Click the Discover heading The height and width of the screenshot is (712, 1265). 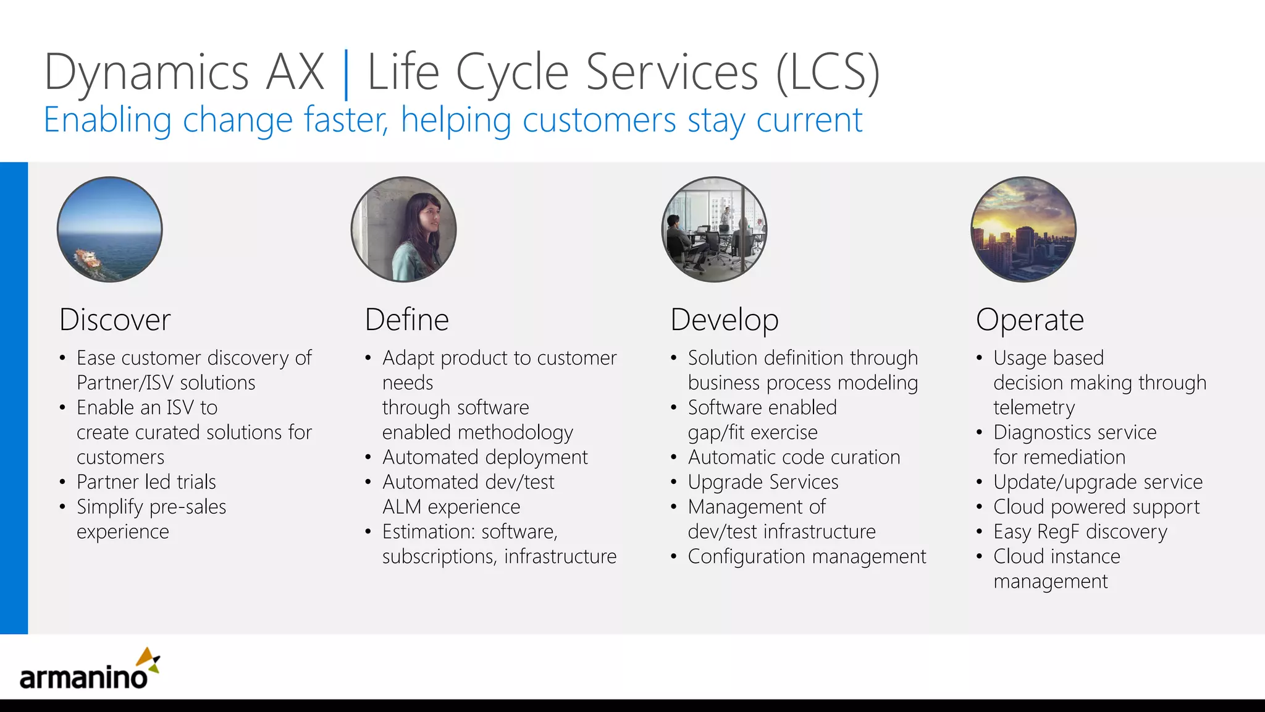pos(115,320)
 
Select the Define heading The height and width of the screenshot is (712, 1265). pos(406,320)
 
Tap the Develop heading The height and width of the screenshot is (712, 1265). pos(724,320)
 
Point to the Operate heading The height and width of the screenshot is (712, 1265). pos(1030,320)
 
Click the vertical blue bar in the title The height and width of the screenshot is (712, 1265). pos(345,74)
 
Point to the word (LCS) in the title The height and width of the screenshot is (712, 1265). pos(828,73)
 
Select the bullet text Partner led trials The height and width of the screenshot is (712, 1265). pos(146,482)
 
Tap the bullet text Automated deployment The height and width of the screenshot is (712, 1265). pos(485,457)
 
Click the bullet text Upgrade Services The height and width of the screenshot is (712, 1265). pos(763,482)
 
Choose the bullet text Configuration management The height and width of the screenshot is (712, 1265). pos(807,556)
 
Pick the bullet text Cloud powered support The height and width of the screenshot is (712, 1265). pos(1096,507)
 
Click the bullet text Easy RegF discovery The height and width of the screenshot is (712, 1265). pos(1080,532)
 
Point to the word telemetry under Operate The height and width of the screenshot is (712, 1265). pos(1034,408)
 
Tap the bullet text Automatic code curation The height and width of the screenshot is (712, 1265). pos(794,457)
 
